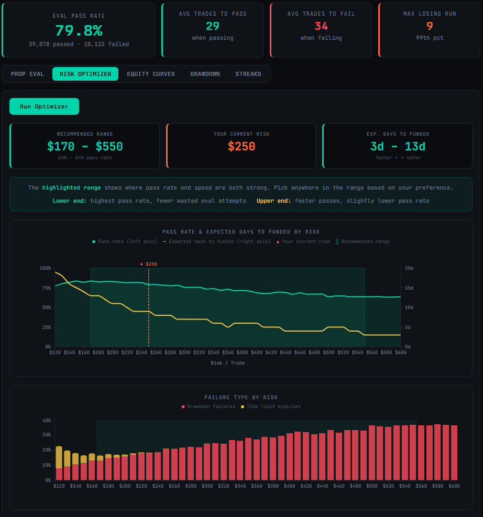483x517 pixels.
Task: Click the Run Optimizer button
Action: point(44,106)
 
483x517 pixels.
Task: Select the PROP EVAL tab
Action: point(27,74)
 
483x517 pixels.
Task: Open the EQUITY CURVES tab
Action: point(151,74)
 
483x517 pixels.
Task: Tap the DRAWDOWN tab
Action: point(205,74)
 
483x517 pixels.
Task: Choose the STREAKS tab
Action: point(248,74)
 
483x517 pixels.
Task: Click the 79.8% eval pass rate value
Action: point(79,30)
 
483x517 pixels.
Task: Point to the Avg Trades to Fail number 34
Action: point(321,26)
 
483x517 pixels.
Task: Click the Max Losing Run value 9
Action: point(430,26)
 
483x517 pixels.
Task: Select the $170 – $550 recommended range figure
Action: point(85,147)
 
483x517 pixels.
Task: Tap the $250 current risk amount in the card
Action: point(241,147)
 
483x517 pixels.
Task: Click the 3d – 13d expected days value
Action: point(398,147)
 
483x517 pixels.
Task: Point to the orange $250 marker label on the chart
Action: point(150,264)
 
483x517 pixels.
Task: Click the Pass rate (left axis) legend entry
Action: point(125,241)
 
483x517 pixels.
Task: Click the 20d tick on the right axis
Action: point(409,268)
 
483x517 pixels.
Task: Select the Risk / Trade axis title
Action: point(227,363)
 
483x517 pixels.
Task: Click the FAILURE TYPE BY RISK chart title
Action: point(241,398)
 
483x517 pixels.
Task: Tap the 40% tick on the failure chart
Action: point(46,420)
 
